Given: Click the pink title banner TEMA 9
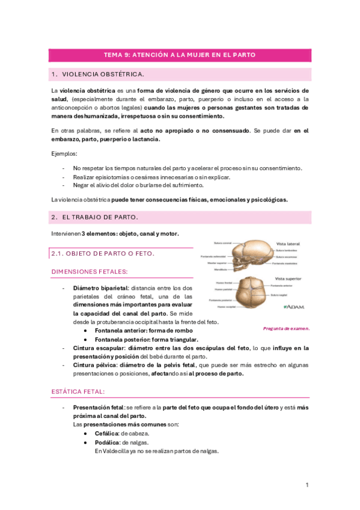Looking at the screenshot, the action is tap(180, 55).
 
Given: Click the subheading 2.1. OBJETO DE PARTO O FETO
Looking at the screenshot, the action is tap(103, 254).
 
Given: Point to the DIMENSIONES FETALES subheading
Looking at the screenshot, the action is tap(89, 272).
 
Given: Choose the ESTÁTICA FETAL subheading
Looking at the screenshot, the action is tap(78, 392).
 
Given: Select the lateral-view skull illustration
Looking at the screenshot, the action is tap(245, 256).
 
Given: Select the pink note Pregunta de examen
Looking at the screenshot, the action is tap(286, 328).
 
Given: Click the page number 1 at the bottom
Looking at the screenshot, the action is tap(307, 485).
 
